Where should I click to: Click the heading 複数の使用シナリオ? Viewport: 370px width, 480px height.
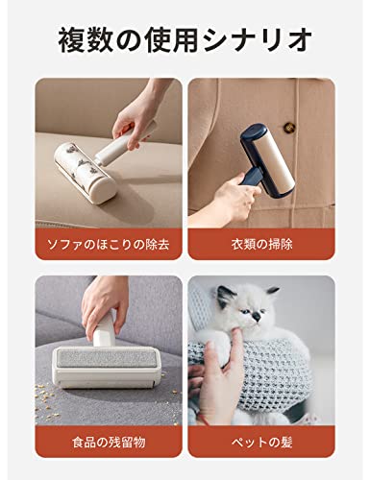(x=185, y=40)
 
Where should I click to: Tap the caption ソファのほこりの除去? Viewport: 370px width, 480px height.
(x=109, y=245)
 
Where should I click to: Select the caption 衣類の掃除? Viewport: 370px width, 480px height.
(x=261, y=245)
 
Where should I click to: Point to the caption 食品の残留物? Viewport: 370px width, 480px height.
(x=109, y=443)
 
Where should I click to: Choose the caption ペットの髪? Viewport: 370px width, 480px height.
(x=261, y=443)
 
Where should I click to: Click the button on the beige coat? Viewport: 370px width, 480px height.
(x=289, y=127)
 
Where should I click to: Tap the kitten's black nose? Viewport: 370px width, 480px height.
(x=257, y=317)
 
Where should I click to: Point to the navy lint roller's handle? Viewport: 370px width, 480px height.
(x=252, y=178)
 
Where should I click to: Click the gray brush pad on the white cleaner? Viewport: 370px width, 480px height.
(x=106, y=358)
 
